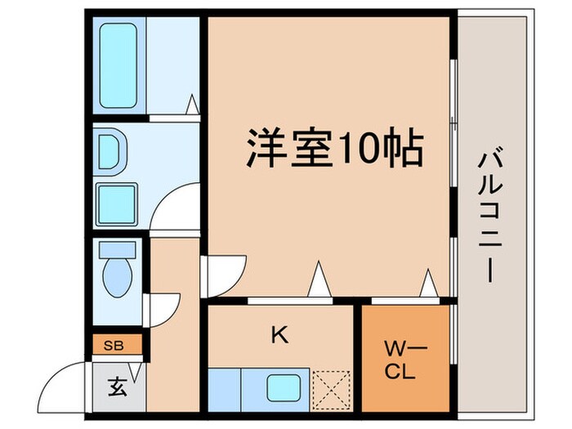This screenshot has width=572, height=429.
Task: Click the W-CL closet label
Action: point(400,360)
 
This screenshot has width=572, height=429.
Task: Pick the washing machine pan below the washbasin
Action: point(115,202)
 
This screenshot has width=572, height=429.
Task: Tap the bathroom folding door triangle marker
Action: point(193,105)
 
